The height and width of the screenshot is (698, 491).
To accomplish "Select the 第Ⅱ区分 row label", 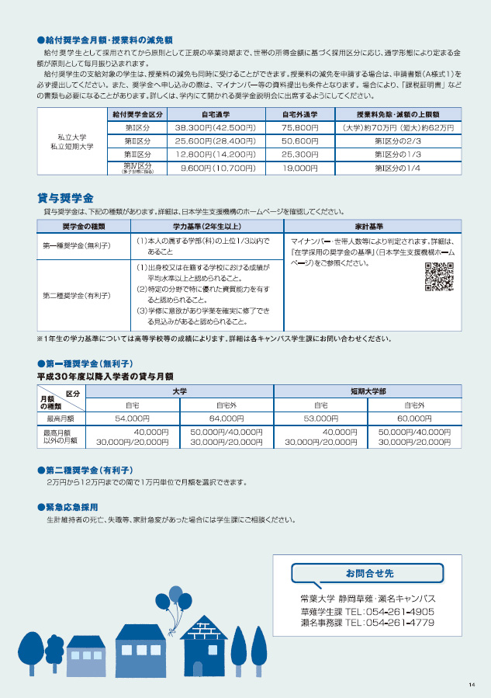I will tap(137, 141).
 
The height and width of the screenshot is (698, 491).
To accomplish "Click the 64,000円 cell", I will tap(226, 418).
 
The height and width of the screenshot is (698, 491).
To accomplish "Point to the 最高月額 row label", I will tap(61, 418).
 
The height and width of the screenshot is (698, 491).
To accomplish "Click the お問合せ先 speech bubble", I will tap(368, 574).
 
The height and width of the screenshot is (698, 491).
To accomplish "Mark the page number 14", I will tap(472, 684).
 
